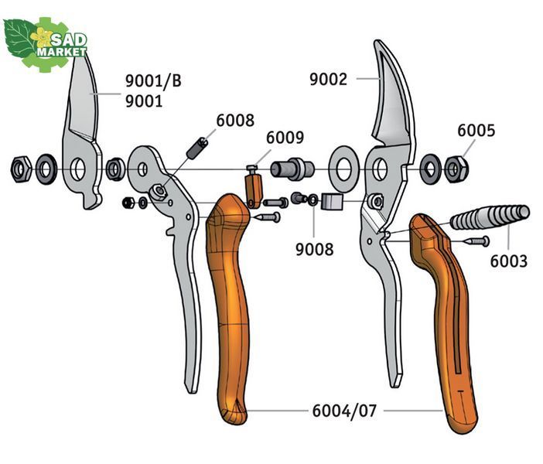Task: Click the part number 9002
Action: click(x=328, y=80)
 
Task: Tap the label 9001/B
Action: click(x=153, y=81)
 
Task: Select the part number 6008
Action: click(x=235, y=121)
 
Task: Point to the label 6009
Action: click(x=285, y=138)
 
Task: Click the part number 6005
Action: click(x=476, y=131)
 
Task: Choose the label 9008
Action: click(x=315, y=249)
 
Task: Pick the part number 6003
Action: click(x=509, y=261)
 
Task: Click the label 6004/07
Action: click(x=344, y=411)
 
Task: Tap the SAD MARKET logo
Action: click(x=45, y=44)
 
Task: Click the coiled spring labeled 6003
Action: click(x=490, y=217)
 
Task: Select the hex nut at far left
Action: click(x=22, y=169)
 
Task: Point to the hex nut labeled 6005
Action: click(x=456, y=169)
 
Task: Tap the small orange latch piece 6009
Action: click(x=254, y=190)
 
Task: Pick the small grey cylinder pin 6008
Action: click(x=196, y=148)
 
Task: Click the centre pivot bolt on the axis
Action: click(x=292, y=169)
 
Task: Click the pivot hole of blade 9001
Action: click(x=77, y=169)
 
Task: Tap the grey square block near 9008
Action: click(x=332, y=202)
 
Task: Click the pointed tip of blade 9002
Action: click(x=376, y=41)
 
